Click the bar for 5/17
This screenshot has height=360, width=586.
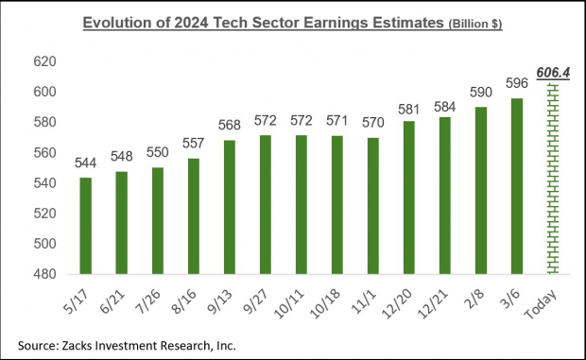click(86, 226)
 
